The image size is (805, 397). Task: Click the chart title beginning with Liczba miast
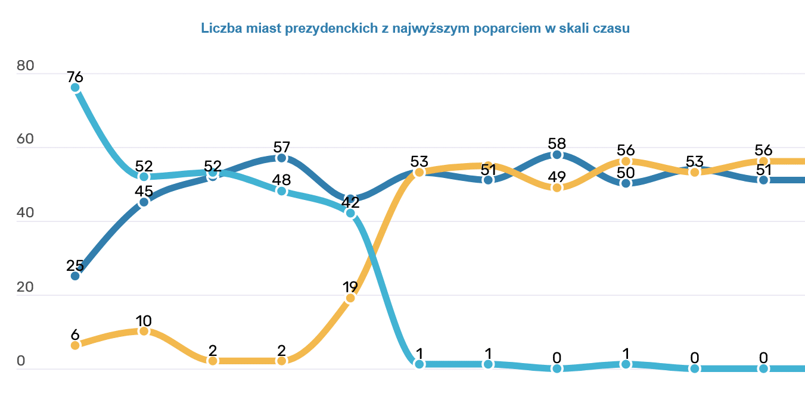(415, 28)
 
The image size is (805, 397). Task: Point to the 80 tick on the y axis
(26, 66)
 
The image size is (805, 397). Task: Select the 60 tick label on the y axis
(26, 140)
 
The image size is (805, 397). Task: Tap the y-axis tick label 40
(26, 214)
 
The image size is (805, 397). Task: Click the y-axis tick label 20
(26, 287)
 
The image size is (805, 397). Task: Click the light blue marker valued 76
(75, 87)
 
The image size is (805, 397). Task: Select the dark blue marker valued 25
(75, 276)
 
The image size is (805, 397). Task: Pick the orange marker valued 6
(75, 345)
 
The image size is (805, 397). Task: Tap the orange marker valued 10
(144, 331)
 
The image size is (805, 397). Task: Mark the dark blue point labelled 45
(144, 202)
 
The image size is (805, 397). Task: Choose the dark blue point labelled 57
(282, 158)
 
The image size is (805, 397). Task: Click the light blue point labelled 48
(282, 191)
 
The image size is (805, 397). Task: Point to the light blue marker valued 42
(350, 213)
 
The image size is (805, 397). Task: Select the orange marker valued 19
(350, 298)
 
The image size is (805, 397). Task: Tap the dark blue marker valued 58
(557, 154)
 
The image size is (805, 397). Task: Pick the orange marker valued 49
(557, 187)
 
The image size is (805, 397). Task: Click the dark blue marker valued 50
(626, 183)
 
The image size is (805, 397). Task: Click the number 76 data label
(75, 77)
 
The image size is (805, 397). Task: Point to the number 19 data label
(350, 286)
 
